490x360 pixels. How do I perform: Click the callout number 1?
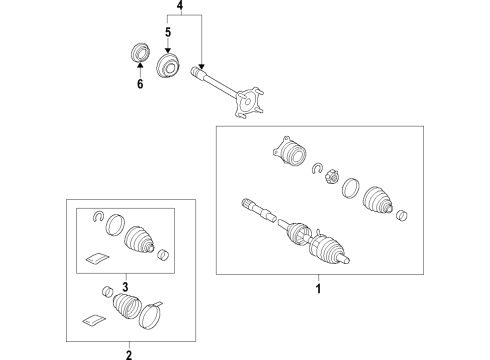click(x=318, y=288)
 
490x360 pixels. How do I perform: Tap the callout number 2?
click(x=129, y=355)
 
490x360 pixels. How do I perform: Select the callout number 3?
click(x=125, y=287)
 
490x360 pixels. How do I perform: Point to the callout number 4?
click(x=180, y=5)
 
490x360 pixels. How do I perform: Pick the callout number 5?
click(x=168, y=32)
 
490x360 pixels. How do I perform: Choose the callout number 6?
click(x=140, y=84)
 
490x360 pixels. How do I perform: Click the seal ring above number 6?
click(x=139, y=52)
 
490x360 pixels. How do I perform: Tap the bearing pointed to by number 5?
click(x=168, y=66)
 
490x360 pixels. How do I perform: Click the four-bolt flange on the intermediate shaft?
click(x=249, y=102)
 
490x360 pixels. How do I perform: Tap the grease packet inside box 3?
click(x=97, y=258)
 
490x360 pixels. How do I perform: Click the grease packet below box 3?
click(x=94, y=320)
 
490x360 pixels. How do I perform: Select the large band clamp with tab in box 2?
click(x=150, y=315)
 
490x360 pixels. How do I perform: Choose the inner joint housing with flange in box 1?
click(x=289, y=152)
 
